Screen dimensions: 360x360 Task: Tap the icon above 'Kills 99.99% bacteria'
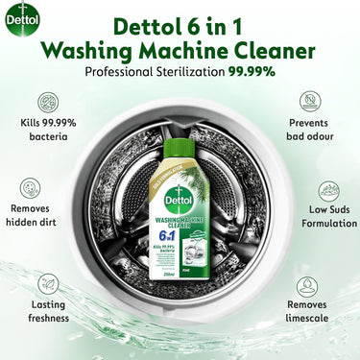47,103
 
